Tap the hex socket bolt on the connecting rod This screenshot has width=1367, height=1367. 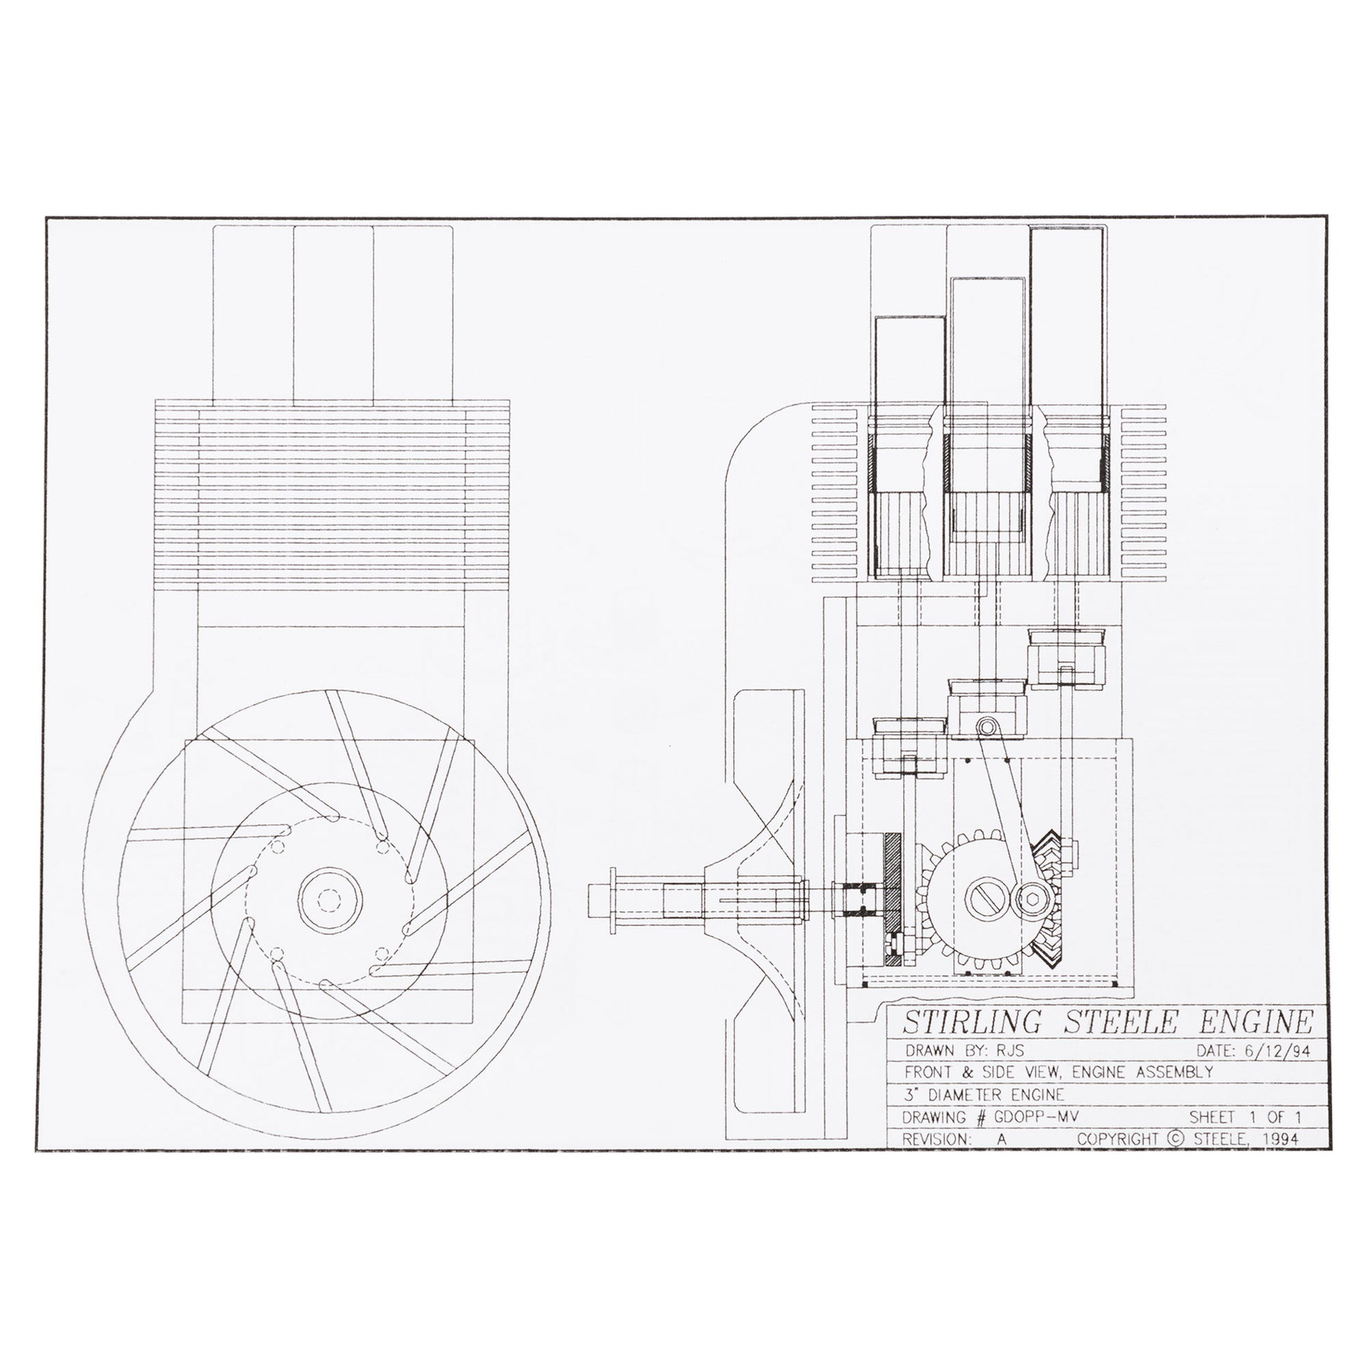tap(1028, 898)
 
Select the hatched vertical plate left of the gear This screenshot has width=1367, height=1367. tap(891, 898)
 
